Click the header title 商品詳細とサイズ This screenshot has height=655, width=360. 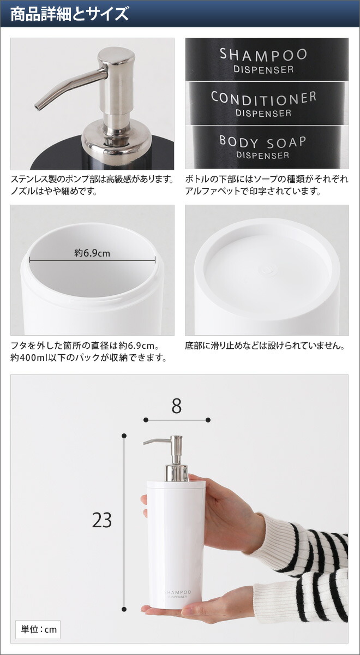(69, 14)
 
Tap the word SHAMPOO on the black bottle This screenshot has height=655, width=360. (263, 55)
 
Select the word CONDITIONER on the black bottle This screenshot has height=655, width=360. (263, 98)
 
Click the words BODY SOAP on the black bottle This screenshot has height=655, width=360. (262, 141)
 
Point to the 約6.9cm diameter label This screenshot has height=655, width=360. (92, 253)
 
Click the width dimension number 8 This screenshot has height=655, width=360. (176, 407)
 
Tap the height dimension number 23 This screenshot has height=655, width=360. (102, 520)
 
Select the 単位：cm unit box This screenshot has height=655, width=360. (38, 629)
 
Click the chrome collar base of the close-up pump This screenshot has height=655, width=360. (117, 139)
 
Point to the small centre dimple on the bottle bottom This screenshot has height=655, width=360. (267, 269)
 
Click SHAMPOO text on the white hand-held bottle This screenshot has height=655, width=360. (176, 591)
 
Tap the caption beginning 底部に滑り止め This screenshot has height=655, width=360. (265, 346)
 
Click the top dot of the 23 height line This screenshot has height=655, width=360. (124, 436)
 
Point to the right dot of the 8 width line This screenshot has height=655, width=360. (208, 420)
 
